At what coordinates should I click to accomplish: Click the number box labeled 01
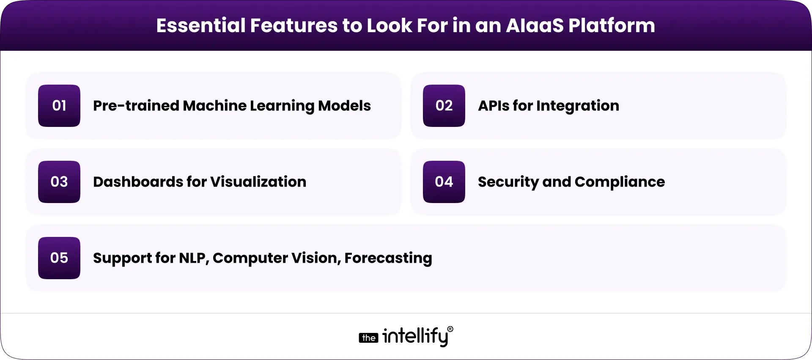point(59,106)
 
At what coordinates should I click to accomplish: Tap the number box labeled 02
point(444,106)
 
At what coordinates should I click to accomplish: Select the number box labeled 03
point(59,182)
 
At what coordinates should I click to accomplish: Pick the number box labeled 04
point(444,182)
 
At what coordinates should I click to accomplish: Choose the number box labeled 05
point(59,258)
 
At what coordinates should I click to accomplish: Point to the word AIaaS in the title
point(535,25)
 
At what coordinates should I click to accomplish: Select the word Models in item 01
point(344,106)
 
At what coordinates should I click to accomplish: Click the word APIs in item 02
point(493,106)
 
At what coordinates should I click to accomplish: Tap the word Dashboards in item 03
point(137,182)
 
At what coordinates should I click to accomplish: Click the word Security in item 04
point(508,182)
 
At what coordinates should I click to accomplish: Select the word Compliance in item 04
point(620,182)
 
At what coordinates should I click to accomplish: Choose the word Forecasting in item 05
point(388,258)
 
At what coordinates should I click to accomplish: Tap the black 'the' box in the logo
point(368,338)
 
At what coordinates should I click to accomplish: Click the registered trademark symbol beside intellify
point(450,329)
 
